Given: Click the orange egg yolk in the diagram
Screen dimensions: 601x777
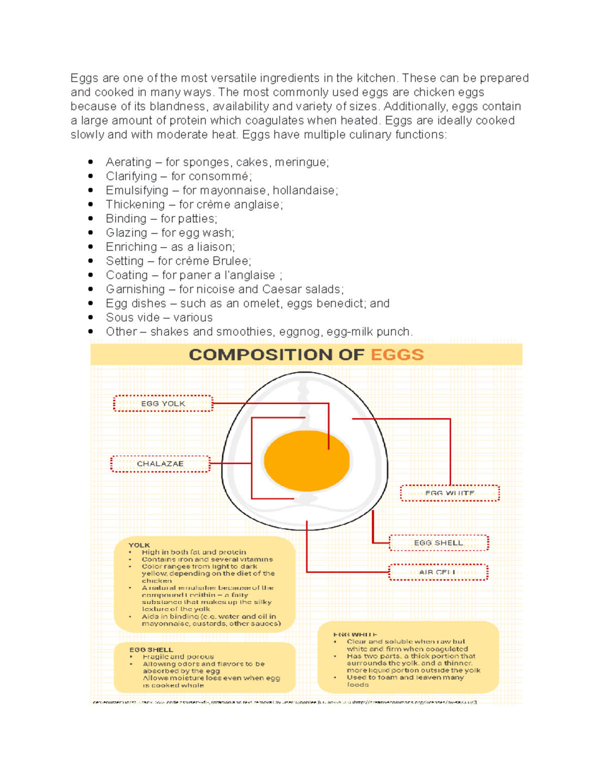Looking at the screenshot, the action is point(307,460).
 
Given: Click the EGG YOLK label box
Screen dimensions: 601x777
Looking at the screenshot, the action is point(163,403).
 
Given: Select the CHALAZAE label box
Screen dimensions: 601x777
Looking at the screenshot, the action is point(160,464).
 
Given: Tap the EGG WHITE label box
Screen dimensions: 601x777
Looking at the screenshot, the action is point(450,493).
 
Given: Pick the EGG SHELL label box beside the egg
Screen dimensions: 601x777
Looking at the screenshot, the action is point(438,543).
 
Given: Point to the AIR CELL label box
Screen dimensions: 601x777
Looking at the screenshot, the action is point(438,572).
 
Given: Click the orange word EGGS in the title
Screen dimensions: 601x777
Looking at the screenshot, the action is point(397,355).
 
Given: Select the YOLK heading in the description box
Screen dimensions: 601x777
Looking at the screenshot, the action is point(139,545).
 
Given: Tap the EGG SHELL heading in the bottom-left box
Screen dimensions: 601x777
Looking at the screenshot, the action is point(151,649).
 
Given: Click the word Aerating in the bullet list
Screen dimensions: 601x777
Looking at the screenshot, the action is point(129,162).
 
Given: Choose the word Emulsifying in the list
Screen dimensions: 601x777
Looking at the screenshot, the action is point(137,191).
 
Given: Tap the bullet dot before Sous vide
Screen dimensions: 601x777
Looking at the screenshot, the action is point(91,317).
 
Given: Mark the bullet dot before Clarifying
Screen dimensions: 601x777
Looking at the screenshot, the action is point(91,176).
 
